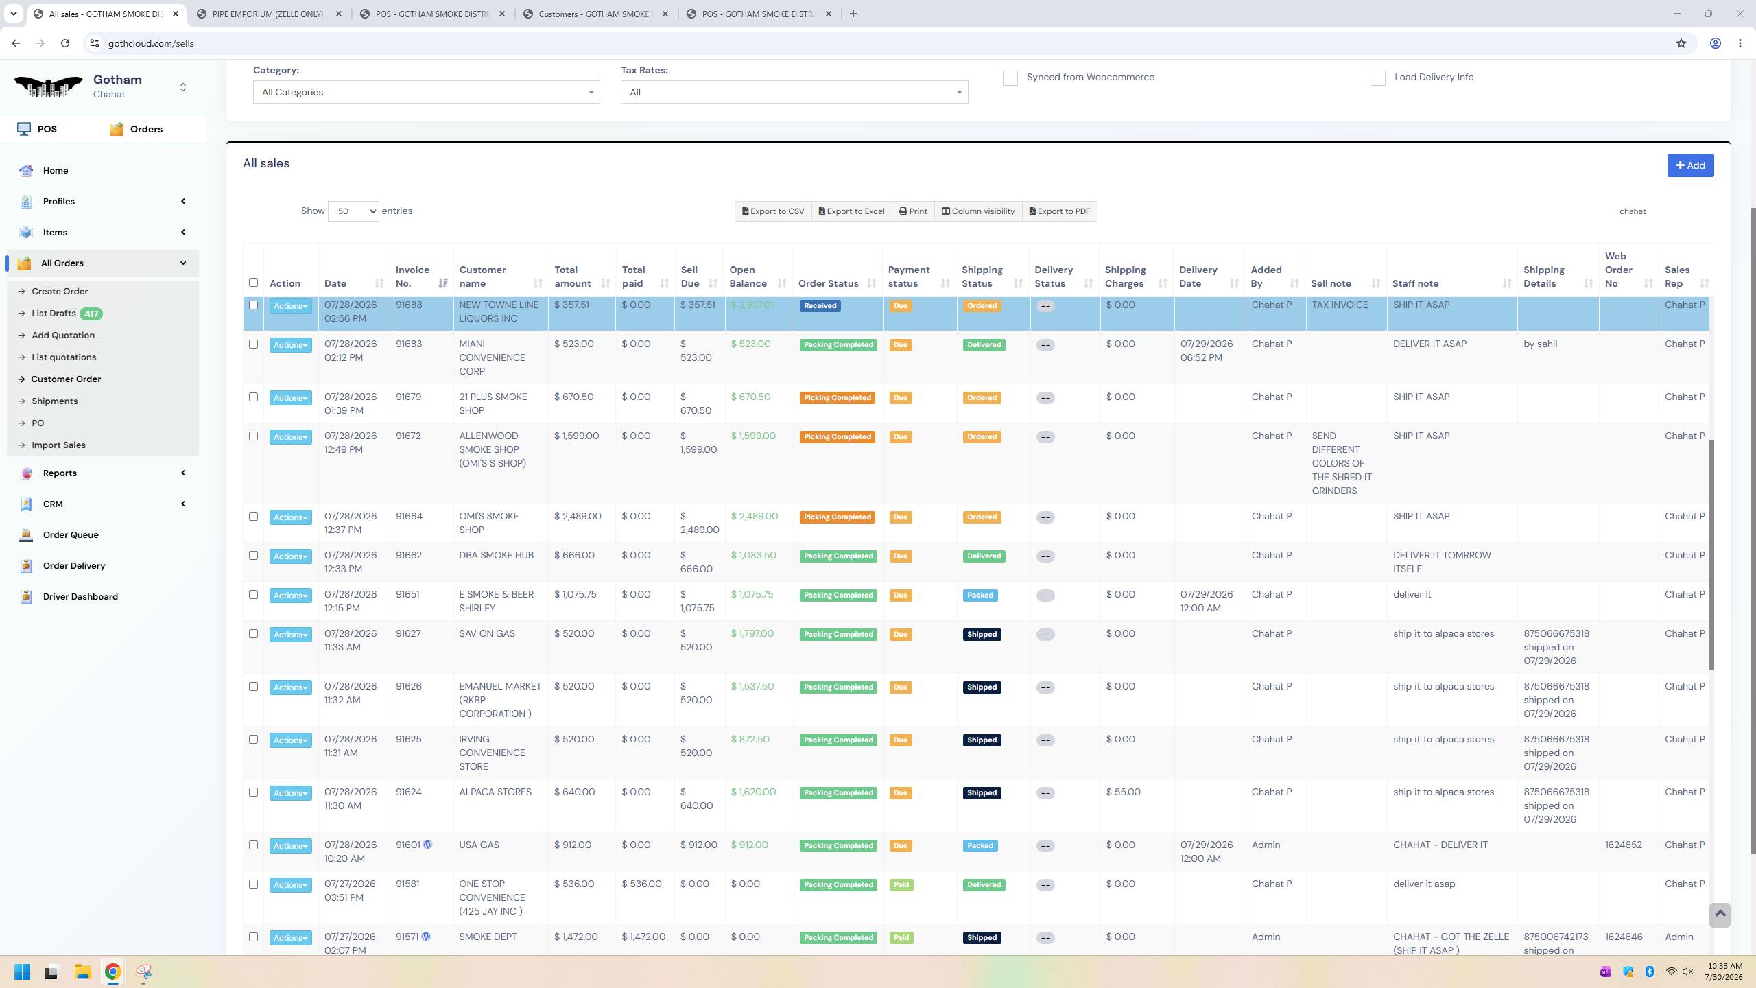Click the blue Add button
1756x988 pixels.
1690,165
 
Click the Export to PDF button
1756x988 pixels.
1060,211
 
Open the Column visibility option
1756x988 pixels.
978,211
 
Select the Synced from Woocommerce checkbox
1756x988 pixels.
1010,78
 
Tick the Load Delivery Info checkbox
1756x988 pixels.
1378,78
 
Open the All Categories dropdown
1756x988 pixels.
426,92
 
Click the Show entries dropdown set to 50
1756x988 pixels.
353,211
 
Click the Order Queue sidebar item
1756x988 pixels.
71,534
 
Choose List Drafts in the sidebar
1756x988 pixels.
54,314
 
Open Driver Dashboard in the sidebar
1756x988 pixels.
80,596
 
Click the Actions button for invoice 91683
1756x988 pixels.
291,345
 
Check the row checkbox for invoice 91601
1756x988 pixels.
253,845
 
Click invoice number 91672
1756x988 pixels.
409,436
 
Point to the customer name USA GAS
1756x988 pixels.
479,845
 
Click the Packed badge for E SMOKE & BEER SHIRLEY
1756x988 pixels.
980,596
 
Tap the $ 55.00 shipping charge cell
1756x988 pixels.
1124,792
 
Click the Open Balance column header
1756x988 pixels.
748,277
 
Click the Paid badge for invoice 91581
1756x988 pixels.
901,885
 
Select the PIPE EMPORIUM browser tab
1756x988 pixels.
268,14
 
